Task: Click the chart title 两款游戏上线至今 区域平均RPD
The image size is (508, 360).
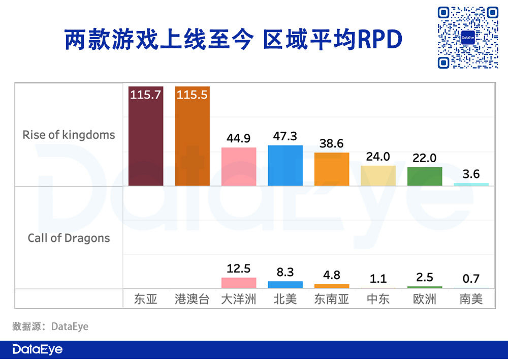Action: [233, 40]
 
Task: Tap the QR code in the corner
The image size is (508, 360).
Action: [468, 38]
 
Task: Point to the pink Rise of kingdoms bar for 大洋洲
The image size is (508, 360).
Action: [239, 166]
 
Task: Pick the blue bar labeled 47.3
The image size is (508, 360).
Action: [285, 165]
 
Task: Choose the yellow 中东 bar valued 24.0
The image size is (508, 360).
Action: [378, 175]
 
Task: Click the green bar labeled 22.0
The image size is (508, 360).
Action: [424, 176]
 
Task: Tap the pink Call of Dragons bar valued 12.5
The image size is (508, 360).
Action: [239, 283]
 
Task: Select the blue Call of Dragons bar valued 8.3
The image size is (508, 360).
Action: [285, 285]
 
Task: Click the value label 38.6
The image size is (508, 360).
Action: [332, 143]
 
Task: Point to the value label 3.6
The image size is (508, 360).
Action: [471, 174]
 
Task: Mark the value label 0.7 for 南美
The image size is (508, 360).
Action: [471, 279]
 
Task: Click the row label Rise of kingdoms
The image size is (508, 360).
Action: [69, 135]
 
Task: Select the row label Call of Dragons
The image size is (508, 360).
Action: [69, 238]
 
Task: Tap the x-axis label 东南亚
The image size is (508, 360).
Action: [332, 299]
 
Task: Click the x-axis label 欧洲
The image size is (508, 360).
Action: [424, 299]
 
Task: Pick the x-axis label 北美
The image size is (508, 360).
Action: [285, 299]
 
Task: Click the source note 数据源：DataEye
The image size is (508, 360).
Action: [50, 326]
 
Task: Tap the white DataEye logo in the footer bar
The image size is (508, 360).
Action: [38, 350]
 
